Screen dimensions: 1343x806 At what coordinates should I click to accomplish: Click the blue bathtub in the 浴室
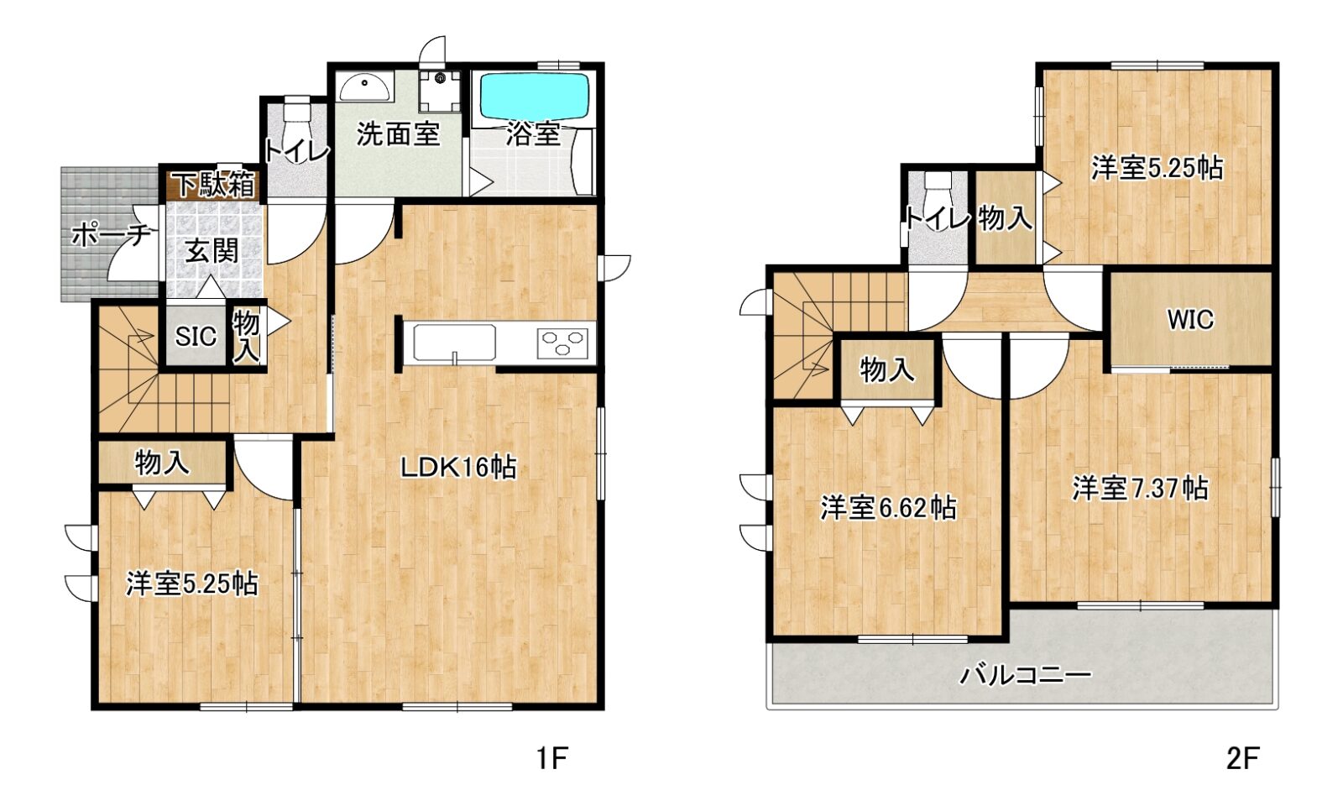[535, 97]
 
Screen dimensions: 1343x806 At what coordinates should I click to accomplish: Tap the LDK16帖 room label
[458, 467]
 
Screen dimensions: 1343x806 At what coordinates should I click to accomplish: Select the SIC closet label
[196, 337]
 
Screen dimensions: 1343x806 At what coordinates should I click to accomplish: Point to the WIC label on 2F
[1190, 320]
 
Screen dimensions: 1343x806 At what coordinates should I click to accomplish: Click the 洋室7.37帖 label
[1140, 489]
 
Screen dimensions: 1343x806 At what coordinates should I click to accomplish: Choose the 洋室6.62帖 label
[888, 509]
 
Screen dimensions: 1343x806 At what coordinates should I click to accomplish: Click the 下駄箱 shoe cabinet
[213, 185]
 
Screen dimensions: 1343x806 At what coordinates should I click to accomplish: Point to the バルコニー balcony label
[1026, 676]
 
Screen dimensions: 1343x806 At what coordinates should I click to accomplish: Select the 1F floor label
[551, 760]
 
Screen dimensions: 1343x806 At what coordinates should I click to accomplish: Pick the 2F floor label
[1241, 760]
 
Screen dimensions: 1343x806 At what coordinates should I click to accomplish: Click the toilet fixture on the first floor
[296, 120]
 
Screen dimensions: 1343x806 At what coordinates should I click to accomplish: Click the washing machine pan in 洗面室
[440, 92]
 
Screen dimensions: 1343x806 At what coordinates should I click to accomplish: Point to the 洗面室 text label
[398, 133]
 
